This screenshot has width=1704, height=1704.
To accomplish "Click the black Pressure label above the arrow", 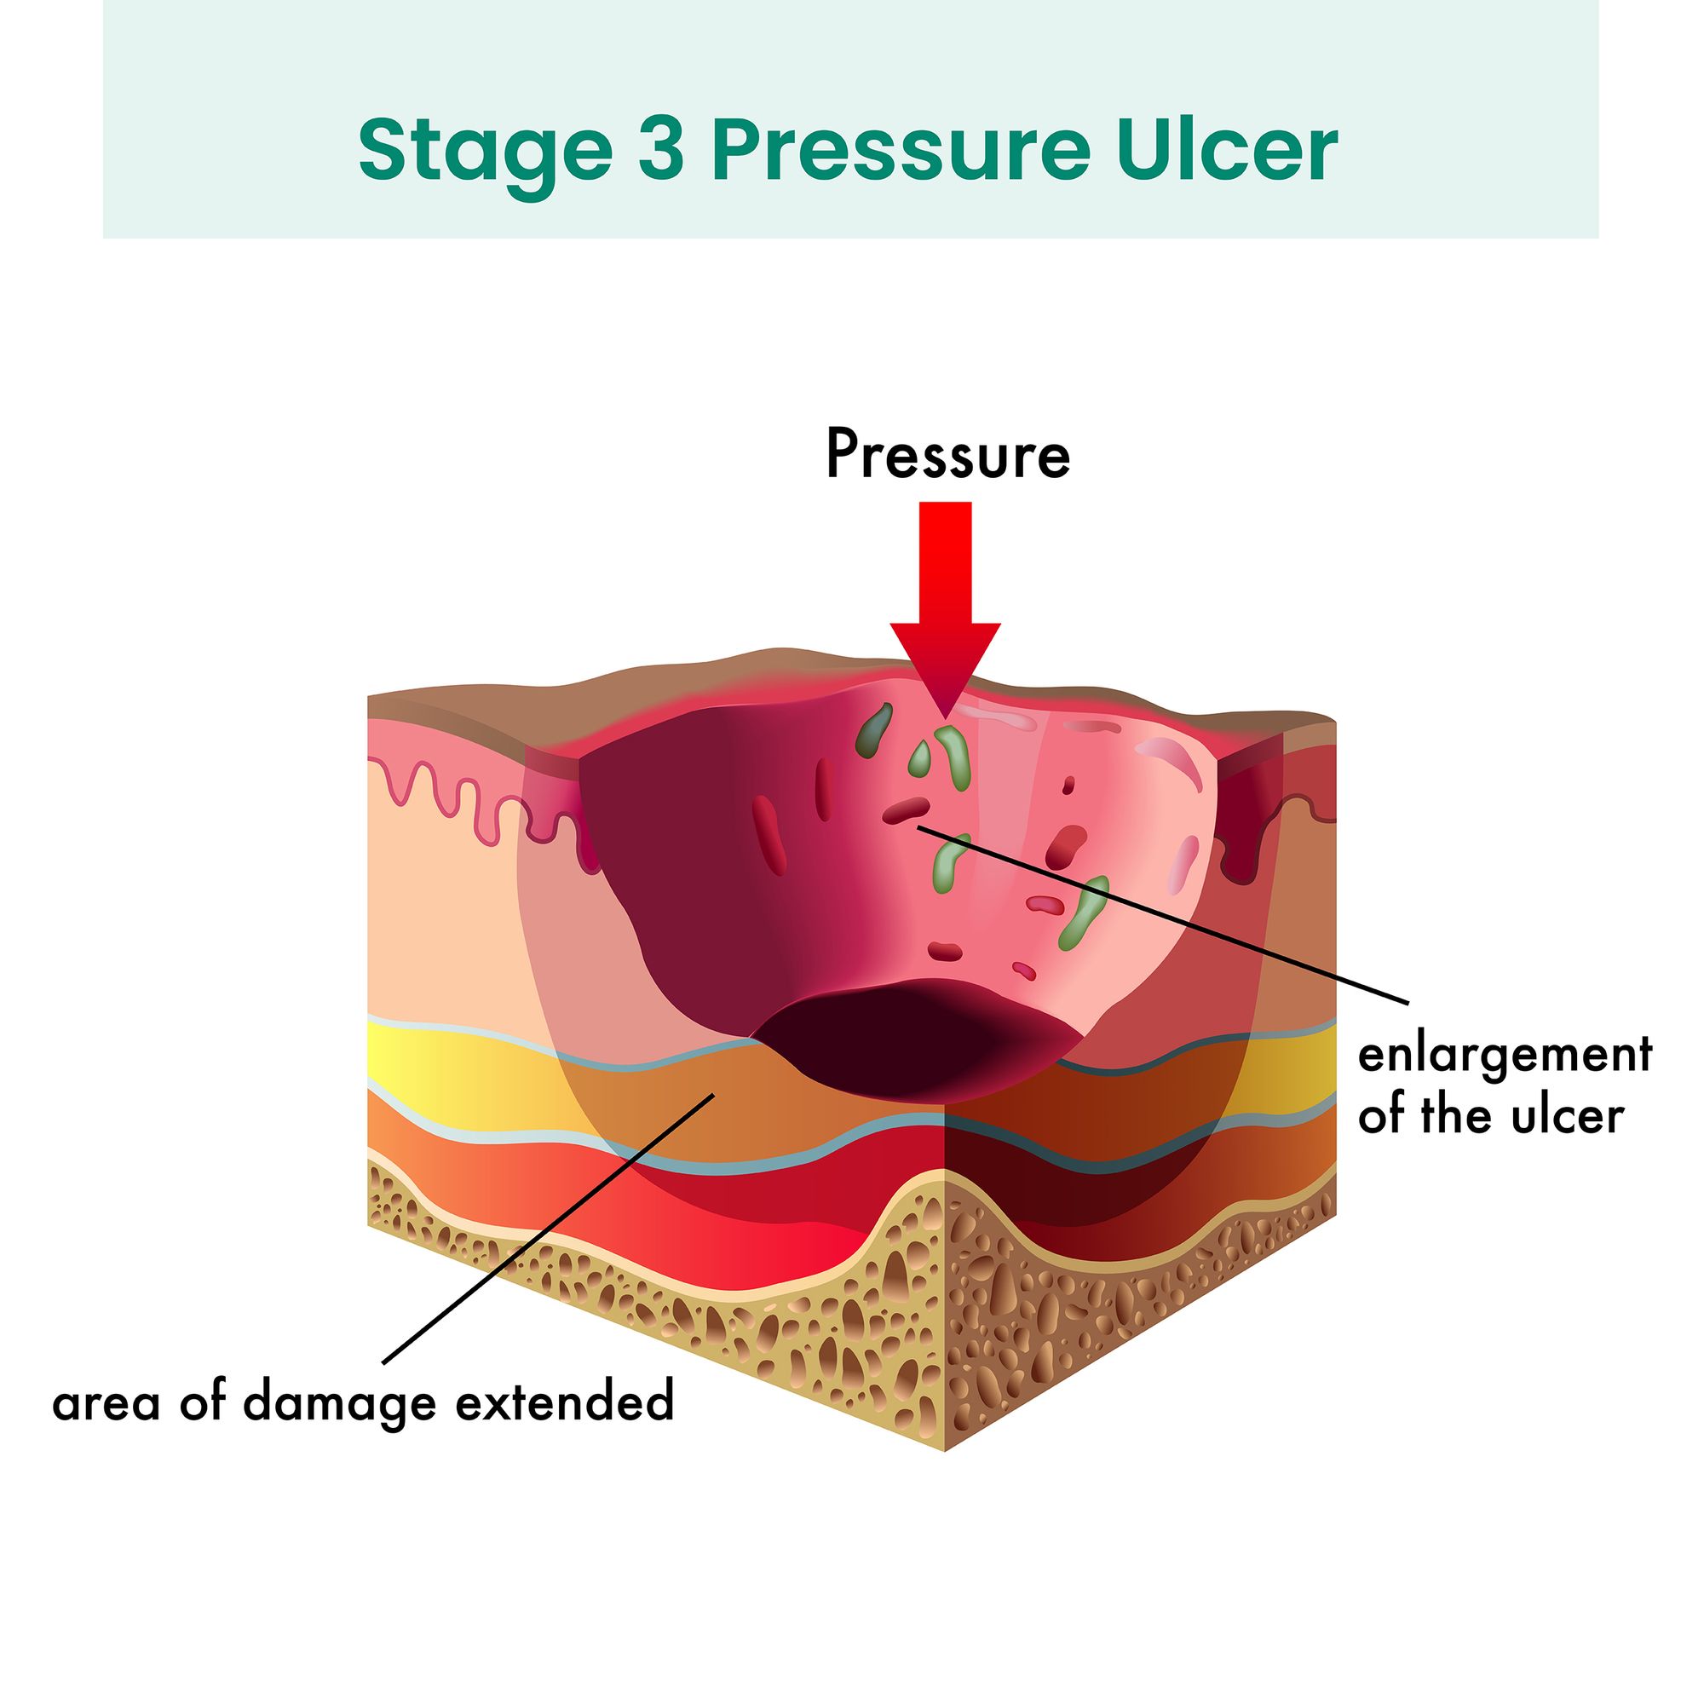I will (947, 456).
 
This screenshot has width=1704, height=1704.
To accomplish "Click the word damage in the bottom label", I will (339, 1403).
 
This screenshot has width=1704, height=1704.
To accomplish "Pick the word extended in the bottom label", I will (565, 1402).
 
